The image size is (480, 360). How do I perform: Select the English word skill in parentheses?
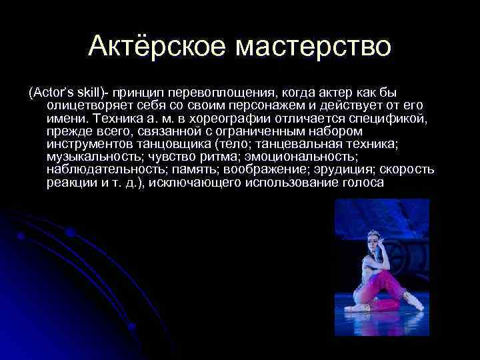pyautogui.click(x=82, y=91)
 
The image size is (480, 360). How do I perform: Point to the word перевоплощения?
pyautogui.click(x=220, y=91)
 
